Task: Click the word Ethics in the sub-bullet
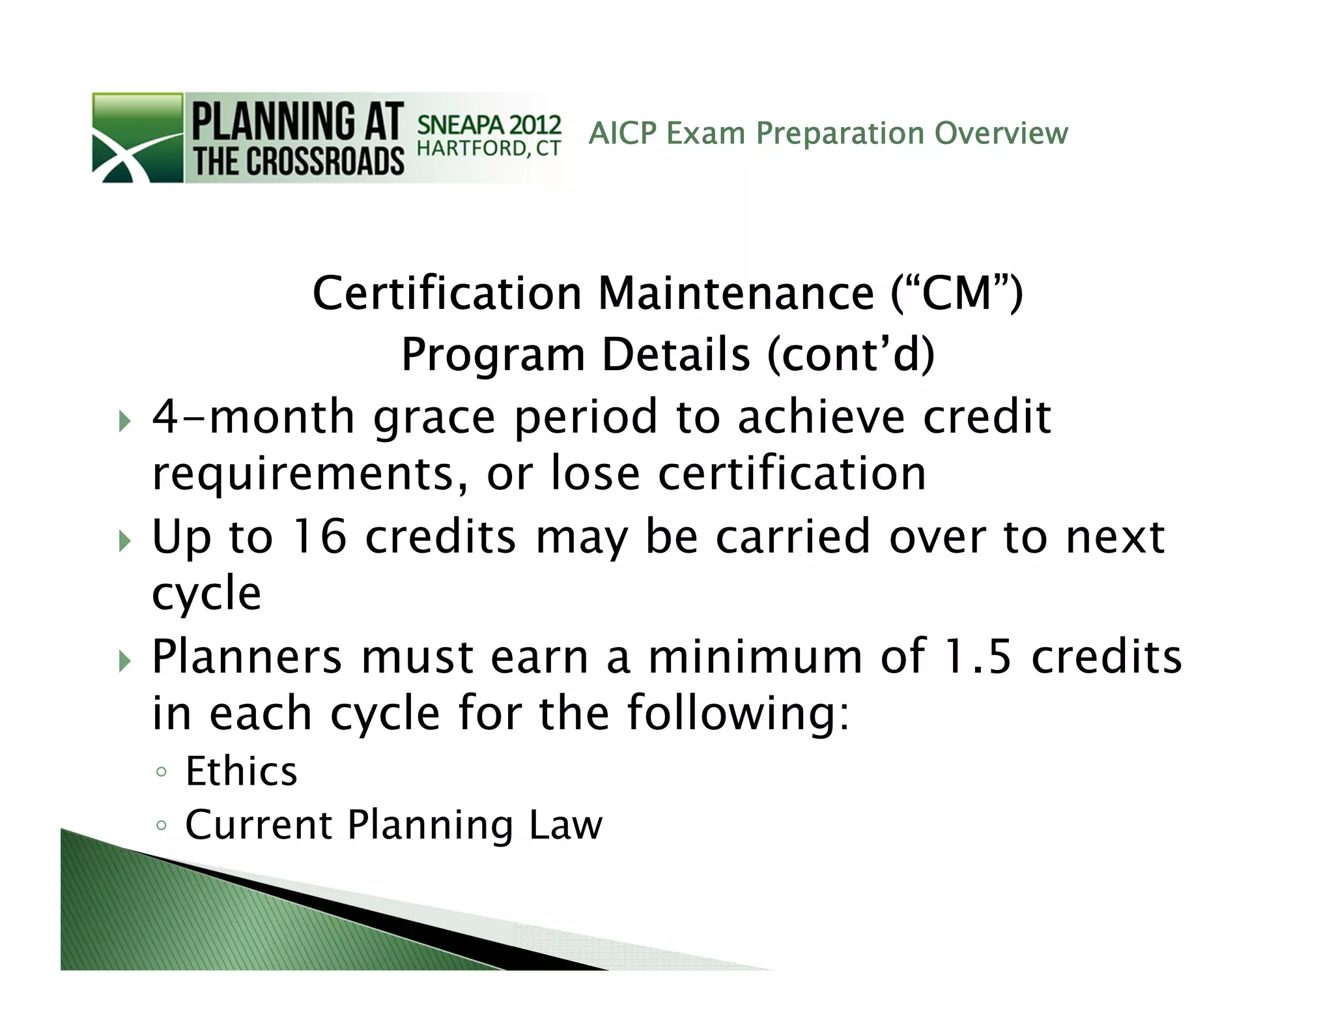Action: pos(241,772)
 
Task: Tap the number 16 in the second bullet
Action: pos(319,537)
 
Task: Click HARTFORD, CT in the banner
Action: pos(489,149)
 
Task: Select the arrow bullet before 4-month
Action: pos(125,422)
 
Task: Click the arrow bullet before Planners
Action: pos(125,662)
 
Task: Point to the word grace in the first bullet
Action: pos(434,418)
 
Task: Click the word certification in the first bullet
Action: pos(791,473)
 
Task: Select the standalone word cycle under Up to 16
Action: pos(206,594)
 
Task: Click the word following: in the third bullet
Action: pos(738,714)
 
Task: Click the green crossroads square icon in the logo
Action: pos(137,138)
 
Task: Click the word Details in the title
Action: pos(675,355)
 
